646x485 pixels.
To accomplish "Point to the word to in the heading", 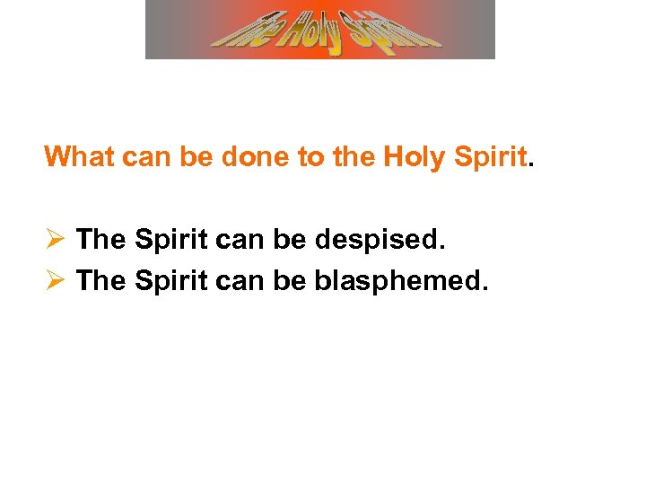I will pos(310,157).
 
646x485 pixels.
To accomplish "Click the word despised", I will pos(388,240).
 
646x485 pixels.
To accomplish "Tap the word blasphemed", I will pos(402,281).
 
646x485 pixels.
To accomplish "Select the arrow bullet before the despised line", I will pos(54,240).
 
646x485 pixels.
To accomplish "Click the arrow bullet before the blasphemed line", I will pos(54,281).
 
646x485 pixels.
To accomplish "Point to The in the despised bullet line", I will pos(100,240).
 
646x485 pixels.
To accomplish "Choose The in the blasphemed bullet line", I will pos(100,281).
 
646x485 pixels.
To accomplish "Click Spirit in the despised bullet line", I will pos(169,240).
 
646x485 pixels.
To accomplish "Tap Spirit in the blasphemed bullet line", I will pos(169,281).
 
